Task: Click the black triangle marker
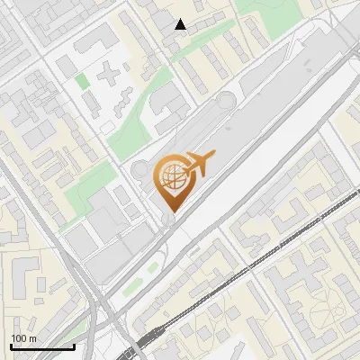(x=181, y=24)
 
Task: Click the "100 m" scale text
(x=23, y=337)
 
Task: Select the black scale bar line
(x=41, y=346)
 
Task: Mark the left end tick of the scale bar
(x=11, y=346)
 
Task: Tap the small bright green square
(x=83, y=81)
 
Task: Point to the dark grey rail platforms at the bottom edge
(x=144, y=346)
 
